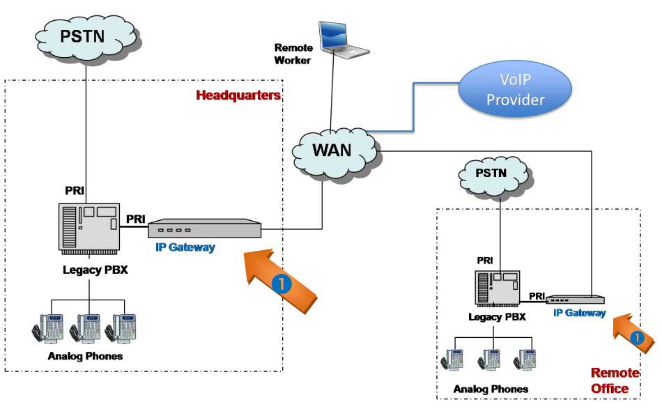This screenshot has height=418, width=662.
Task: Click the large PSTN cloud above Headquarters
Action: (84, 35)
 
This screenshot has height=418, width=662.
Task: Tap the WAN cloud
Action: (332, 150)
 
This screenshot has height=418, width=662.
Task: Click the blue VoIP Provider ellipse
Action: (515, 91)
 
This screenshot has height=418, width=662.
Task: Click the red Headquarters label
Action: (238, 95)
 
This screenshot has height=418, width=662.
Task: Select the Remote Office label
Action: (610, 380)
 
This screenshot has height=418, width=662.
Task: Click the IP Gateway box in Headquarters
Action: (203, 229)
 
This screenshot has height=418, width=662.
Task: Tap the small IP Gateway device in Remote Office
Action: (576, 300)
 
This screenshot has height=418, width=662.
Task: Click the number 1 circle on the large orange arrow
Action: (279, 284)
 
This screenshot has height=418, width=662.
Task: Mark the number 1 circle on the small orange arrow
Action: (636, 336)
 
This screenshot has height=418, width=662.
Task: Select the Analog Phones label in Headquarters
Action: (85, 356)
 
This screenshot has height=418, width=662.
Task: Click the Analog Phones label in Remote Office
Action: (491, 389)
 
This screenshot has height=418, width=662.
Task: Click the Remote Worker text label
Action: (293, 54)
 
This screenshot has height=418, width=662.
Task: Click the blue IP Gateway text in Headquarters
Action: (185, 247)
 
